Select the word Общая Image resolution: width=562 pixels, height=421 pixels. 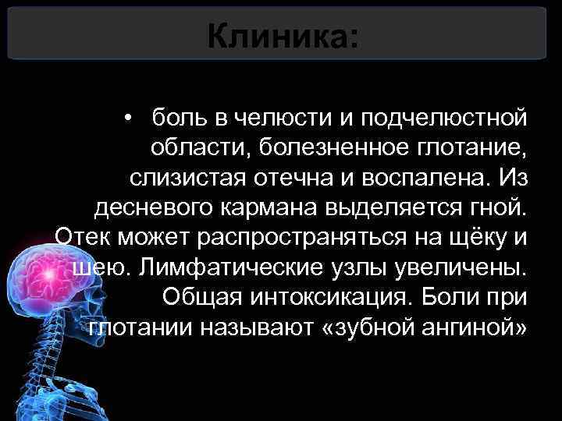(x=201, y=297)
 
